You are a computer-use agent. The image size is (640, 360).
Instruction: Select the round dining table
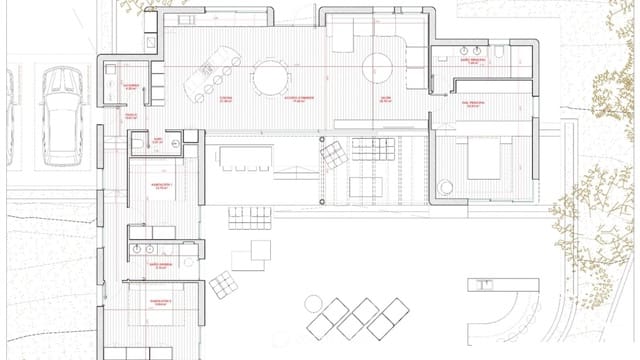click(x=269, y=75)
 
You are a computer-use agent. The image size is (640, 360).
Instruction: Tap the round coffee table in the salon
click(x=377, y=67)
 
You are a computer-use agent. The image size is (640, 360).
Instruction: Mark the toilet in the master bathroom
click(x=495, y=48)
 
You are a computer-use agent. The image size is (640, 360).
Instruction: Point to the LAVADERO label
click(x=131, y=87)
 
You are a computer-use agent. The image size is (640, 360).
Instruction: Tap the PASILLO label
click(x=130, y=116)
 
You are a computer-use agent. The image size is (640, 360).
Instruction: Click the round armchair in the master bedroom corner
click(x=447, y=185)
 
